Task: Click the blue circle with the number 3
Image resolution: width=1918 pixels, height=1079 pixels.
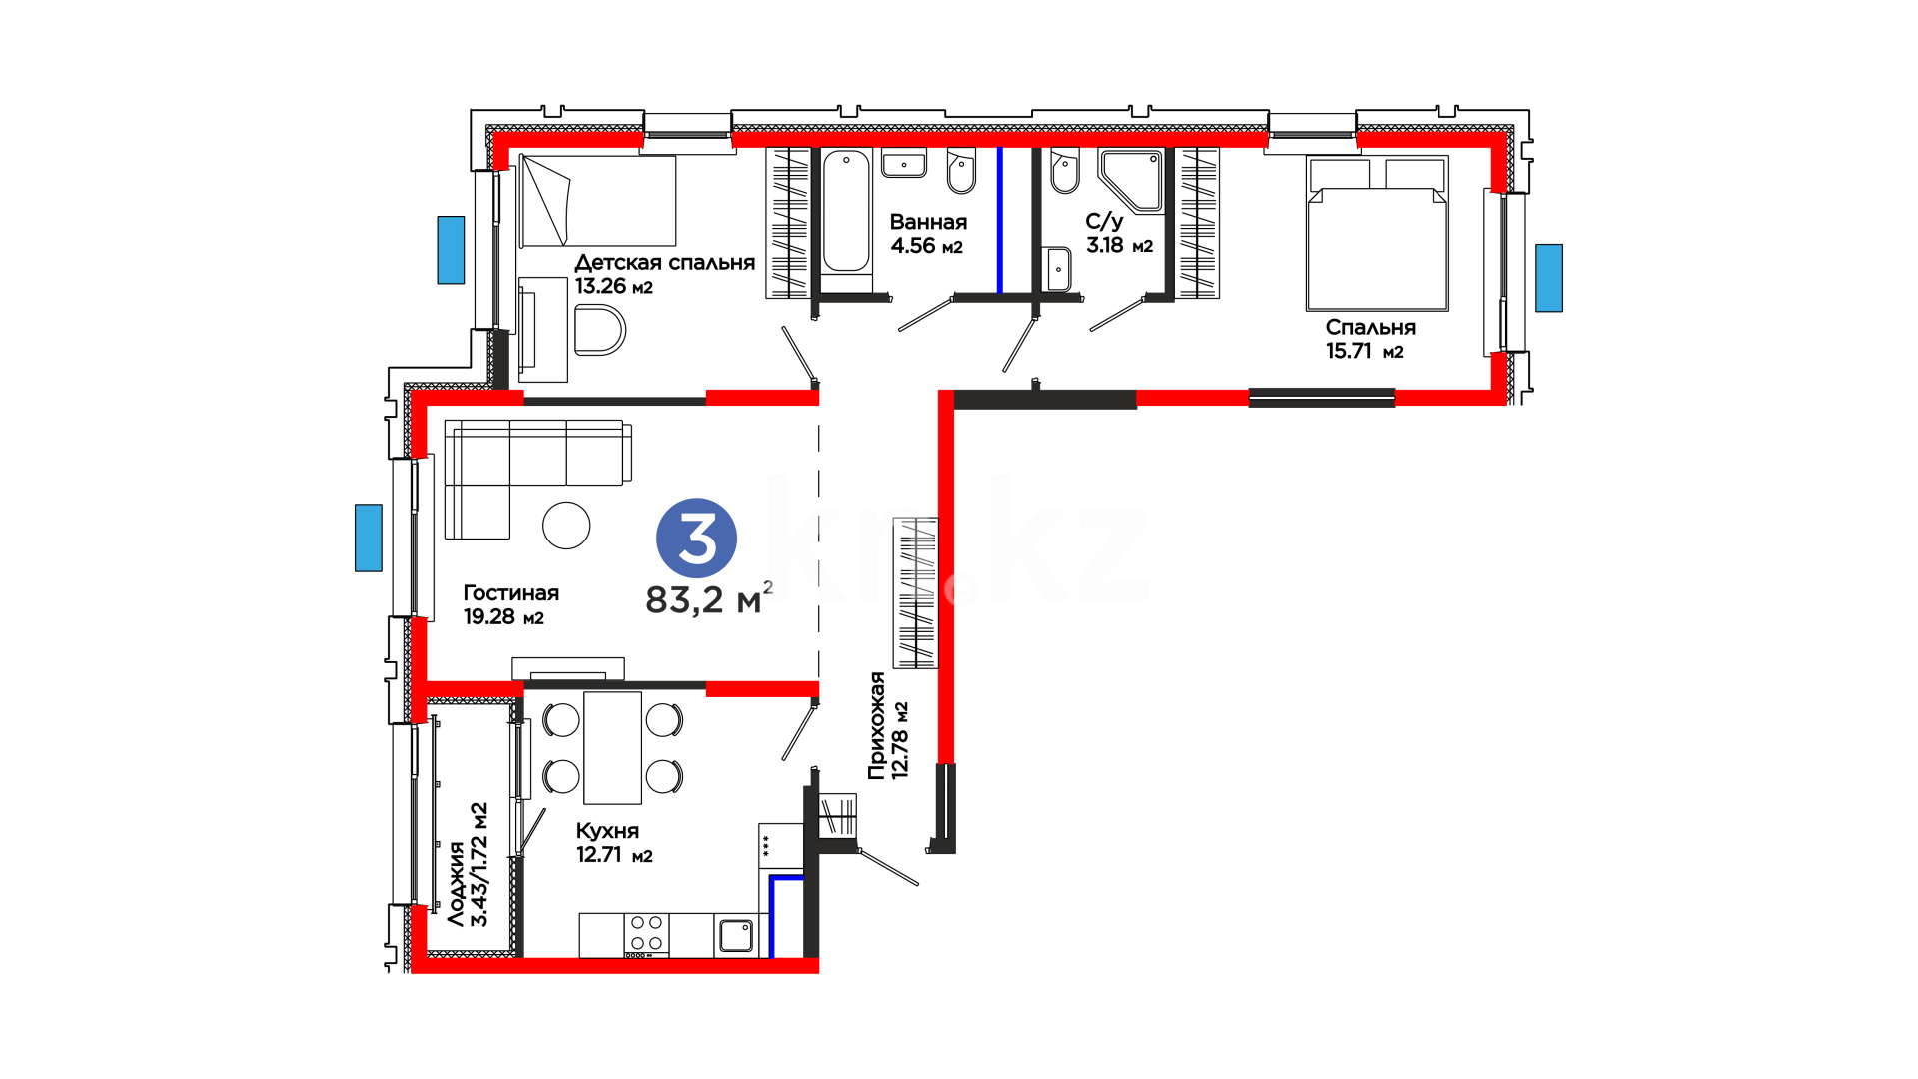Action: click(x=696, y=538)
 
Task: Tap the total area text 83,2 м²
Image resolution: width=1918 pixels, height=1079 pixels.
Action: click(x=709, y=598)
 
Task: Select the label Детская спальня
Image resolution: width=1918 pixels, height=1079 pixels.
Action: click(x=664, y=263)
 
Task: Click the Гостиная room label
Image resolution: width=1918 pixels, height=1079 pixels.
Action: click(x=510, y=593)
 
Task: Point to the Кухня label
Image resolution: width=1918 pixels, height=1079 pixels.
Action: click(x=607, y=831)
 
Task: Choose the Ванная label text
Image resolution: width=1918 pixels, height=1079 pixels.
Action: click(x=928, y=222)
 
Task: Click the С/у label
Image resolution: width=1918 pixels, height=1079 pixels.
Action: click(x=1104, y=222)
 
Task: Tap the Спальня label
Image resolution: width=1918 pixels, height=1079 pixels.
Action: click(x=1370, y=327)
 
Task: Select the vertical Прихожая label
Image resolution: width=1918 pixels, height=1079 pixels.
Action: click(x=876, y=725)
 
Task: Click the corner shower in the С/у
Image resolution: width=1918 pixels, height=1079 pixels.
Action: click(x=1131, y=181)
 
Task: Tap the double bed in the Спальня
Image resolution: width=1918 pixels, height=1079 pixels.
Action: click(x=1377, y=233)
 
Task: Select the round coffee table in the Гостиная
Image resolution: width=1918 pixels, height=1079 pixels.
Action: click(x=566, y=525)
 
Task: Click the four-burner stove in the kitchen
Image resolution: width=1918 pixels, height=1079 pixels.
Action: click(x=646, y=935)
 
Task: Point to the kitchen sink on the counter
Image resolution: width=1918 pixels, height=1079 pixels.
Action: click(x=736, y=935)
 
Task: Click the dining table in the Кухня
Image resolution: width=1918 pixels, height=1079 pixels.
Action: click(x=612, y=748)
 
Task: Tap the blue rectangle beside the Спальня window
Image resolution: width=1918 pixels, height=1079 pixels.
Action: click(x=1549, y=278)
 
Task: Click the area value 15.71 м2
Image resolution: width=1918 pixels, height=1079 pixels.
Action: click(x=1364, y=351)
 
